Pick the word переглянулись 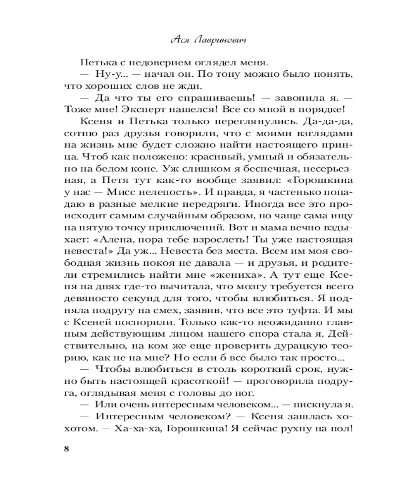pos(247,121)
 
